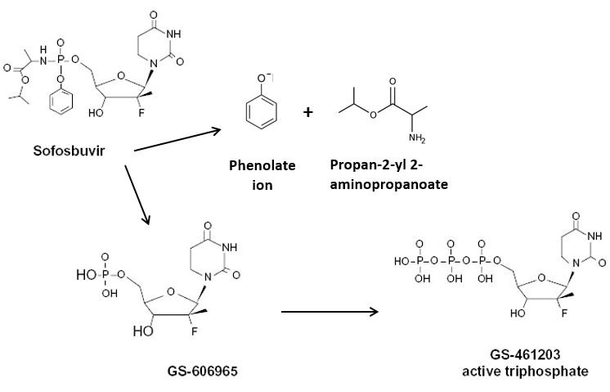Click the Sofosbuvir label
(69, 151)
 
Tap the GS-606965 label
(202, 371)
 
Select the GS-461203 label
(525, 354)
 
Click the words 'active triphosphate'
(525, 371)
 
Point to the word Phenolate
(262, 166)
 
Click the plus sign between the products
(307, 112)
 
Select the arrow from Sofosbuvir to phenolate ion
(177, 140)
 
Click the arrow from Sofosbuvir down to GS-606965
(137, 195)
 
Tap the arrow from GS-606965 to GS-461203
(330, 312)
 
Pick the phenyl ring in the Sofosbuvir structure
(61, 102)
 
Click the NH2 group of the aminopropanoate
(417, 137)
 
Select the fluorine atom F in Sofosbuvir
(141, 113)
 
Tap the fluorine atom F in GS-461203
(563, 313)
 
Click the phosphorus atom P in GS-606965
(105, 275)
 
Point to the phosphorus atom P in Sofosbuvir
(61, 61)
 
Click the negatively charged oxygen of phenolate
(262, 79)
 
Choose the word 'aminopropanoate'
(389, 184)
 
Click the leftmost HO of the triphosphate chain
(401, 262)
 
